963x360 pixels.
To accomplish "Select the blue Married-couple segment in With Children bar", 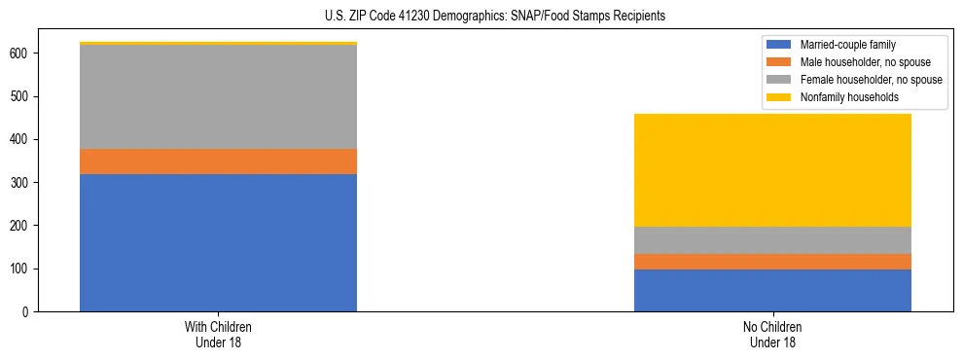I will click(x=218, y=242).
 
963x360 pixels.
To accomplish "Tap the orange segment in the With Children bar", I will click(x=218, y=162).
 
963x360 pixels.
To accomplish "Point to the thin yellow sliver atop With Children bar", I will click(x=218, y=44).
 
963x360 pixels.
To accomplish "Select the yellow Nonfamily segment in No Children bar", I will click(x=772, y=170).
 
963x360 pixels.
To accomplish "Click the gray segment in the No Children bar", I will click(x=772, y=240).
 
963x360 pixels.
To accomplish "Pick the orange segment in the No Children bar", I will click(x=772, y=262).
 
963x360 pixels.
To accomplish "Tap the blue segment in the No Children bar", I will click(x=772, y=290).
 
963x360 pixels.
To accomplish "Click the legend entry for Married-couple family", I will click(x=847, y=45).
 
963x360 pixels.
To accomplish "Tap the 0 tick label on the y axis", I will click(x=28, y=311).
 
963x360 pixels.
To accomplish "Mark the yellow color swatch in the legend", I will click(x=780, y=97).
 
